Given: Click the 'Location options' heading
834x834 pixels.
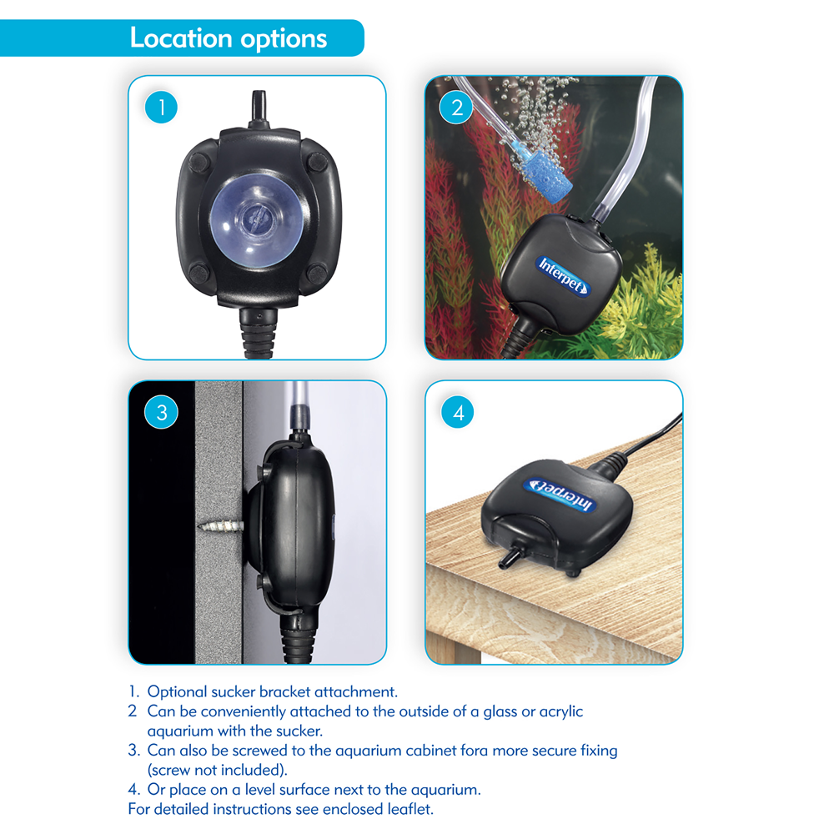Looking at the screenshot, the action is pyautogui.click(x=229, y=38).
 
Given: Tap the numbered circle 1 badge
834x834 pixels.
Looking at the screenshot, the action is pyautogui.click(x=161, y=107).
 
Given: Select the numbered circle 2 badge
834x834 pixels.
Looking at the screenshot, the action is pyautogui.click(x=456, y=108).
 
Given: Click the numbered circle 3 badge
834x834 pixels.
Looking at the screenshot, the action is pyautogui.click(x=161, y=412).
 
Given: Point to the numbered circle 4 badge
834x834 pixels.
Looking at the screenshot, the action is pyautogui.click(x=457, y=412).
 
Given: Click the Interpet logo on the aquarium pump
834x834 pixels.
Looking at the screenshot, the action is pyautogui.click(x=563, y=275).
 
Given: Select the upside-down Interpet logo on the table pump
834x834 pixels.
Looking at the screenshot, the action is pyautogui.click(x=560, y=495).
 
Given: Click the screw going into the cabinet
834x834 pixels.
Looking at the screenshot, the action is pyautogui.click(x=221, y=526).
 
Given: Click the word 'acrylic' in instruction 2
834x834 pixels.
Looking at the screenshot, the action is pyautogui.click(x=561, y=711).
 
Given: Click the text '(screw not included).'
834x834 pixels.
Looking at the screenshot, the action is pyautogui.click(x=217, y=770).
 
